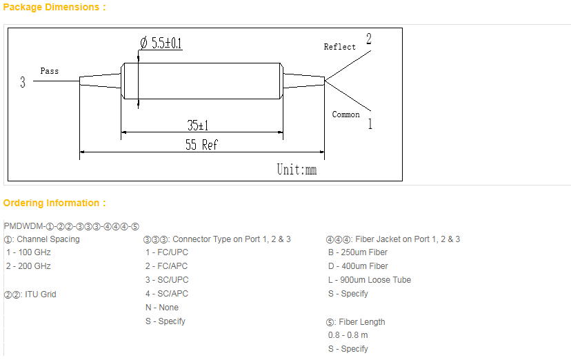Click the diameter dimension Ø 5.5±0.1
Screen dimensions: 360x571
pyautogui.click(x=161, y=43)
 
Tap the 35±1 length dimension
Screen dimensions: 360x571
pyautogui.click(x=198, y=126)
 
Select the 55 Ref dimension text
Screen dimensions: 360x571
pyautogui.click(x=201, y=145)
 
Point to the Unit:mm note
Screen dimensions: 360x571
pyautogui.click(x=297, y=169)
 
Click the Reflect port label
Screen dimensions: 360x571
pyautogui.click(x=340, y=47)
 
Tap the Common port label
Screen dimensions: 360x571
pyautogui.click(x=345, y=114)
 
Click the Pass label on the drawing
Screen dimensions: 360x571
pyautogui.click(x=50, y=71)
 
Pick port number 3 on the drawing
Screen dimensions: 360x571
pyautogui.click(x=23, y=83)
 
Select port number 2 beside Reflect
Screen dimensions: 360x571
pyautogui.click(x=369, y=39)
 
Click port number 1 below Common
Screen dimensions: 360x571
pyautogui.click(x=370, y=124)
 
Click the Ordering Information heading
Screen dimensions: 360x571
pyautogui.click(x=54, y=203)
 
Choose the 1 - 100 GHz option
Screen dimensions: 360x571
pyautogui.click(x=28, y=252)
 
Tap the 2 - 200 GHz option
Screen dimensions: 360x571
pyautogui.click(x=28, y=266)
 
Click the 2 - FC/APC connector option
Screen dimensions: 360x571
pyautogui.click(x=166, y=266)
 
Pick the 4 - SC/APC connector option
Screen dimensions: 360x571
pyautogui.click(x=166, y=294)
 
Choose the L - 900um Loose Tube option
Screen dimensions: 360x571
pyautogui.click(x=369, y=280)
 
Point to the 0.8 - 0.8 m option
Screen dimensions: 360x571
pyautogui.click(x=348, y=335)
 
